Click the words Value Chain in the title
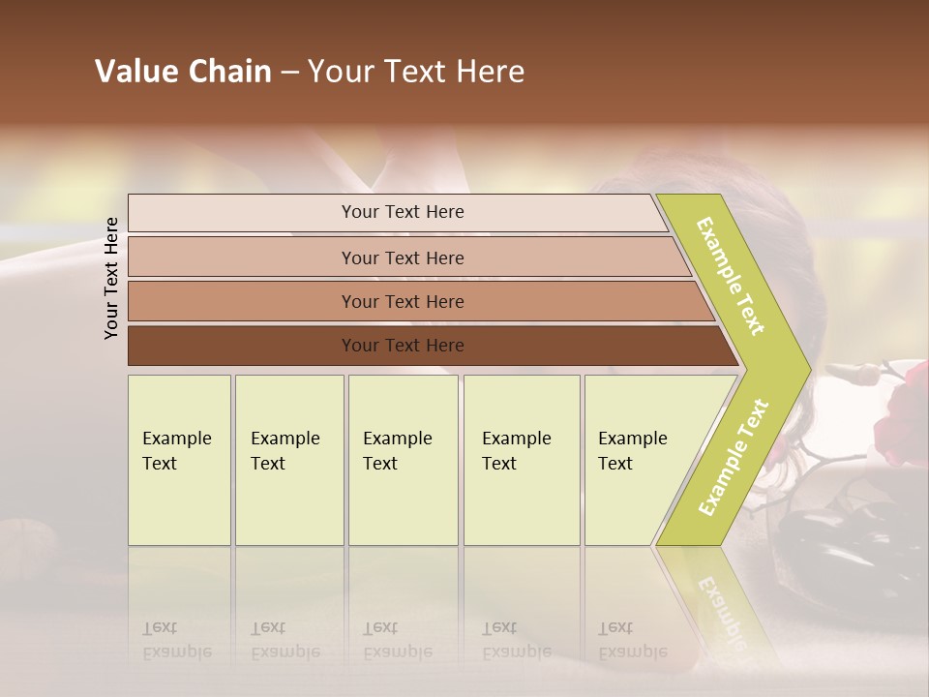pyautogui.click(x=183, y=72)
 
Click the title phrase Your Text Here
pyautogui.click(x=416, y=72)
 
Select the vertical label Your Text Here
pyautogui.click(x=111, y=278)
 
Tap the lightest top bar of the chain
pyautogui.click(x=402, y=212)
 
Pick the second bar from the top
pyautogui.click(x=402, y=258)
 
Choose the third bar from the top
pyautogui.click(x=402, y=301)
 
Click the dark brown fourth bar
pyautogui.click(x=402, y=346)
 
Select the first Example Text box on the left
pyautogui.click(x=179, y=460)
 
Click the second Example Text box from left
pyautogui.click(x=289, y=460)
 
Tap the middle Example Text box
pyautogui.click(x=403, y=460)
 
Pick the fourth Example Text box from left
pyautogui.click(x=522, y=460)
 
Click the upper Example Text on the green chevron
pyautogui.click(x=731, y=276)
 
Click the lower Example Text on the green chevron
pyautogui.click(x=734, y=457)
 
